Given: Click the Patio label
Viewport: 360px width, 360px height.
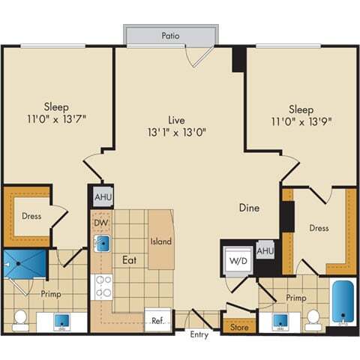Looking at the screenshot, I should [170, 35].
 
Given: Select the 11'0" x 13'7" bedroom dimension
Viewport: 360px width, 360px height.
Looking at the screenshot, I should [57, 118].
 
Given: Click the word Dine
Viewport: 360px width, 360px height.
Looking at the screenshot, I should [250, 208].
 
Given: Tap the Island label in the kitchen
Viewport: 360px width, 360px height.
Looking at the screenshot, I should [161, 241].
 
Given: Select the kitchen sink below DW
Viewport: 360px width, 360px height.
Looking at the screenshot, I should [103, 244].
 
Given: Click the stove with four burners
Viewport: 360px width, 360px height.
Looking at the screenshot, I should [103, 286].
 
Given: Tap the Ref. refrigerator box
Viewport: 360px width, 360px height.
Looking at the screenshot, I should [157, 319].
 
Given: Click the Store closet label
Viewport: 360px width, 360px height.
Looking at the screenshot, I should [238, 326].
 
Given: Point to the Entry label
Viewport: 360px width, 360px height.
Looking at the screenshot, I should [199, 334].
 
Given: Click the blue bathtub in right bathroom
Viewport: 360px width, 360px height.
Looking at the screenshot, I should [343, 303].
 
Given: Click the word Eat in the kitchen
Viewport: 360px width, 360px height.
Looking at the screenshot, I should [128, 259].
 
